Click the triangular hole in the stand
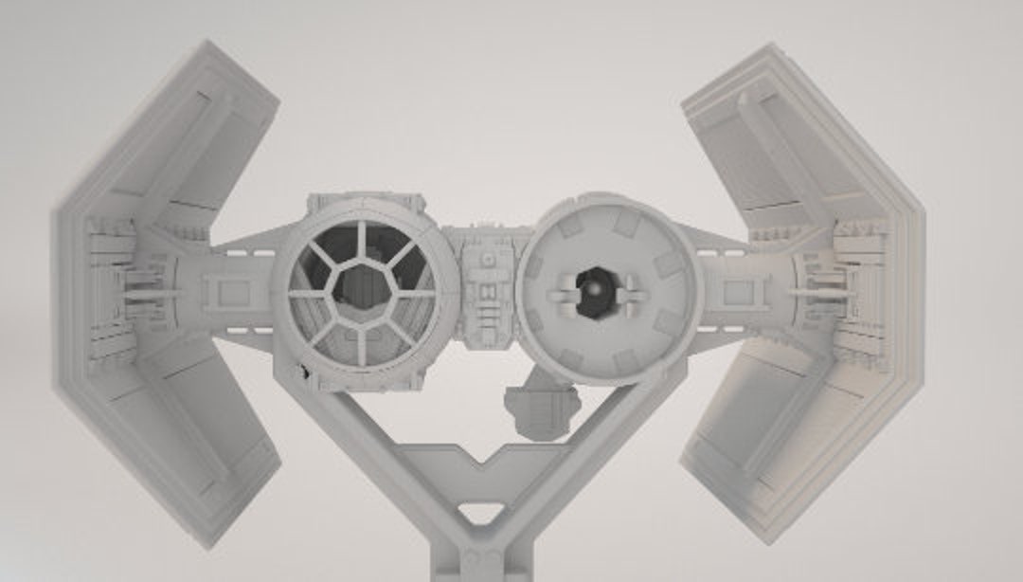tap(482, 513)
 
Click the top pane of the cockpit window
tap(361, 242)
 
